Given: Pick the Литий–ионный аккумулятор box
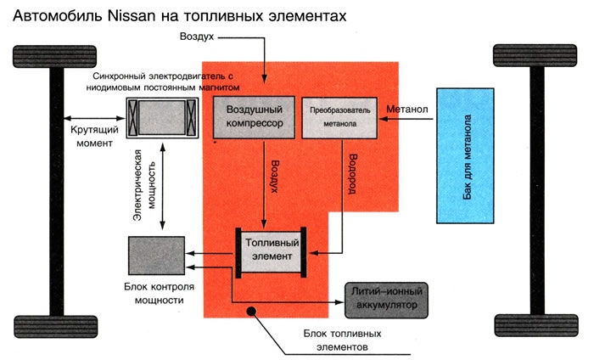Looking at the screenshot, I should [x=386, y=297].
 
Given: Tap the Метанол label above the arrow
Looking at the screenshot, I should [x=407, y=110].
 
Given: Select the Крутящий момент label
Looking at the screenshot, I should [x=91, y=137].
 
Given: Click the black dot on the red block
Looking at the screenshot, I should [x=250, y=312].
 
